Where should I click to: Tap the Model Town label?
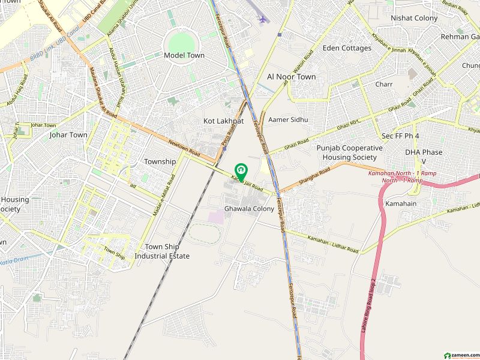coord(184,55)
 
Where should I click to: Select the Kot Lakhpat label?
coord(223,121)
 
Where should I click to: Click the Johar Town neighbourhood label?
coord(68,135)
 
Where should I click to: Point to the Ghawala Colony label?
coord(249,209)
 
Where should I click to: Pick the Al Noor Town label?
coord(291,77)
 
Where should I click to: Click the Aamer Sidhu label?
coord(288,119)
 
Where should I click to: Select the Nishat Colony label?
coord(414,18)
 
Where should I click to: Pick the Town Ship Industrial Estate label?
coord(162,251)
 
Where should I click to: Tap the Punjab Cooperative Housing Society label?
coord(349,152)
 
